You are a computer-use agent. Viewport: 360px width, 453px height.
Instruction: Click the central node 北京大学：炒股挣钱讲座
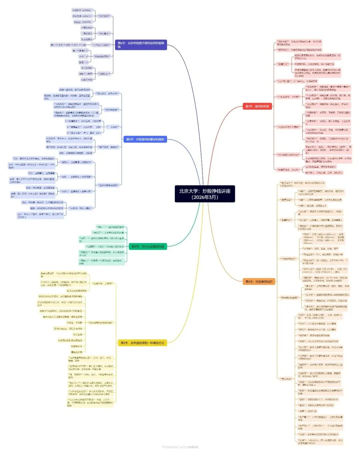(205, 194)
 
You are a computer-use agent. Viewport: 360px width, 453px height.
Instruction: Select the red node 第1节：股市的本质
(257, 106)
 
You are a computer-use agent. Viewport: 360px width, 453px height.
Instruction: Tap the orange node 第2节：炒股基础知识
(259, 281)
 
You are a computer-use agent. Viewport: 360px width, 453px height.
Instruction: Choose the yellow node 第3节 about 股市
(142, 343)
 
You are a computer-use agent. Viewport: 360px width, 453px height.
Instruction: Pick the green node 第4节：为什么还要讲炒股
(147, 246)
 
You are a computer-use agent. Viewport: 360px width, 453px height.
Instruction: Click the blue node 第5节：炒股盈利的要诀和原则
(145, 139)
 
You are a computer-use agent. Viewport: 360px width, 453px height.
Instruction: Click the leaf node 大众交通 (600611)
(82, 16)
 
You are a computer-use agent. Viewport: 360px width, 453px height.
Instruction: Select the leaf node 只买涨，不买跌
(74, 323)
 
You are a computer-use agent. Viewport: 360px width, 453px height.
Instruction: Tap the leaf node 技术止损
(78, 334)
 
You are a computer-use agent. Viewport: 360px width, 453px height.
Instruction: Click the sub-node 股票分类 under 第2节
(286, 200)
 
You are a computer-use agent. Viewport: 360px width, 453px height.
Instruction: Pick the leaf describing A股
(320, 193)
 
